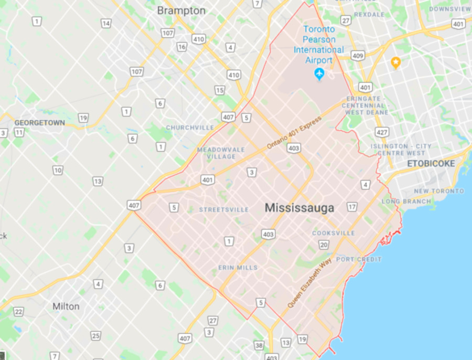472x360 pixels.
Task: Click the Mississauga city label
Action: (299, 208)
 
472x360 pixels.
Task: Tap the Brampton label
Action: (181, 10)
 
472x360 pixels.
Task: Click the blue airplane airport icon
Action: (319, 75)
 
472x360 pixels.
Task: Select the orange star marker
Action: (396, 63)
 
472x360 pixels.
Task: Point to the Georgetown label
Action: (40, 123)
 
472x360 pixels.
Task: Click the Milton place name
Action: (66, 306)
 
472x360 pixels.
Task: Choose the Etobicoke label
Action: (432, 164)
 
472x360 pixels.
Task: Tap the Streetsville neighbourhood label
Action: (224, 209)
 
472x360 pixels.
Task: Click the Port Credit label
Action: (359, 259)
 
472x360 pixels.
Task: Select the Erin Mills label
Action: (238, 268)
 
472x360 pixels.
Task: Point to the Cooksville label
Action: (334, 233)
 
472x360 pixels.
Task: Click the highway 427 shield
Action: (382, 131)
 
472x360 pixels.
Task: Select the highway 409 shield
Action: (358, 56)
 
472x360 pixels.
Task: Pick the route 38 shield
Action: (259, 346)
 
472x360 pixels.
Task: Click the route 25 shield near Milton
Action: (95, 336)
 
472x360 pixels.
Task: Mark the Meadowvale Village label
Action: (221, 153)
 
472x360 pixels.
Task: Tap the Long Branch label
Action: (406, 202)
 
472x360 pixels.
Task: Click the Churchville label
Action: (190, 128)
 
